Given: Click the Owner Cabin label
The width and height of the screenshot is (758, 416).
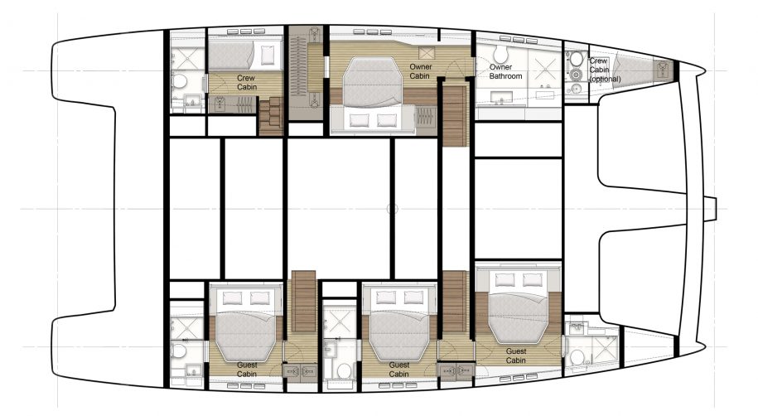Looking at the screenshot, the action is pyautogui.click(x=420, y=71).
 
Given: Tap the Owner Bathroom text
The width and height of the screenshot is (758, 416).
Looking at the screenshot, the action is pyautogui.click(x=505, y=71).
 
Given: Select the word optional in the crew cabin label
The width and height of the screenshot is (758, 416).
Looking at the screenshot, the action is pyautogui.click(x=605, y=79).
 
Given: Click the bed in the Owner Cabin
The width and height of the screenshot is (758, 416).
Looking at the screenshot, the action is pyautogui.click(x=373, y=80).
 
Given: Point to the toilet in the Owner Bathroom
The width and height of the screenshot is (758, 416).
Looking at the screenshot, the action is pyautogui.click(x=500, y=54).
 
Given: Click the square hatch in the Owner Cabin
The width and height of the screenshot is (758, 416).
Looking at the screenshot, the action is pyautogui.click(x=427, y=53).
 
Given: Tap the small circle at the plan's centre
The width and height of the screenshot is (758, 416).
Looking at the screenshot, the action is pyautogui.click(x=393, y=209).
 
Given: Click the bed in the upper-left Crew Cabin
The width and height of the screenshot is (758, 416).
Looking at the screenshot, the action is pyautogui.click(x=245, y=56).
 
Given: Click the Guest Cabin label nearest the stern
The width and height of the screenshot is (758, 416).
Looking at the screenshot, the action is pyautogui.click(x=247, y=370).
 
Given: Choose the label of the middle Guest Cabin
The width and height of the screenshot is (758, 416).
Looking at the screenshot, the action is pyautogui.click(x=398, y=370).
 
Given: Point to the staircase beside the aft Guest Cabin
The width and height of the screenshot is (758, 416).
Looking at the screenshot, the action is pyautogui.click(x=303, y=301).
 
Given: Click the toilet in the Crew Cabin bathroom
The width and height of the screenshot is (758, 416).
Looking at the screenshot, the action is pyautogui.click(x=179, y=81).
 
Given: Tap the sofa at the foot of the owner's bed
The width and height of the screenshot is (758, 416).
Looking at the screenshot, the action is pyautogui.click(x=373, y=120).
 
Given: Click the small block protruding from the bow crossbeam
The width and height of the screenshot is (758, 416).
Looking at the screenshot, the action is pyautogui.click(x=710, y=209).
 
